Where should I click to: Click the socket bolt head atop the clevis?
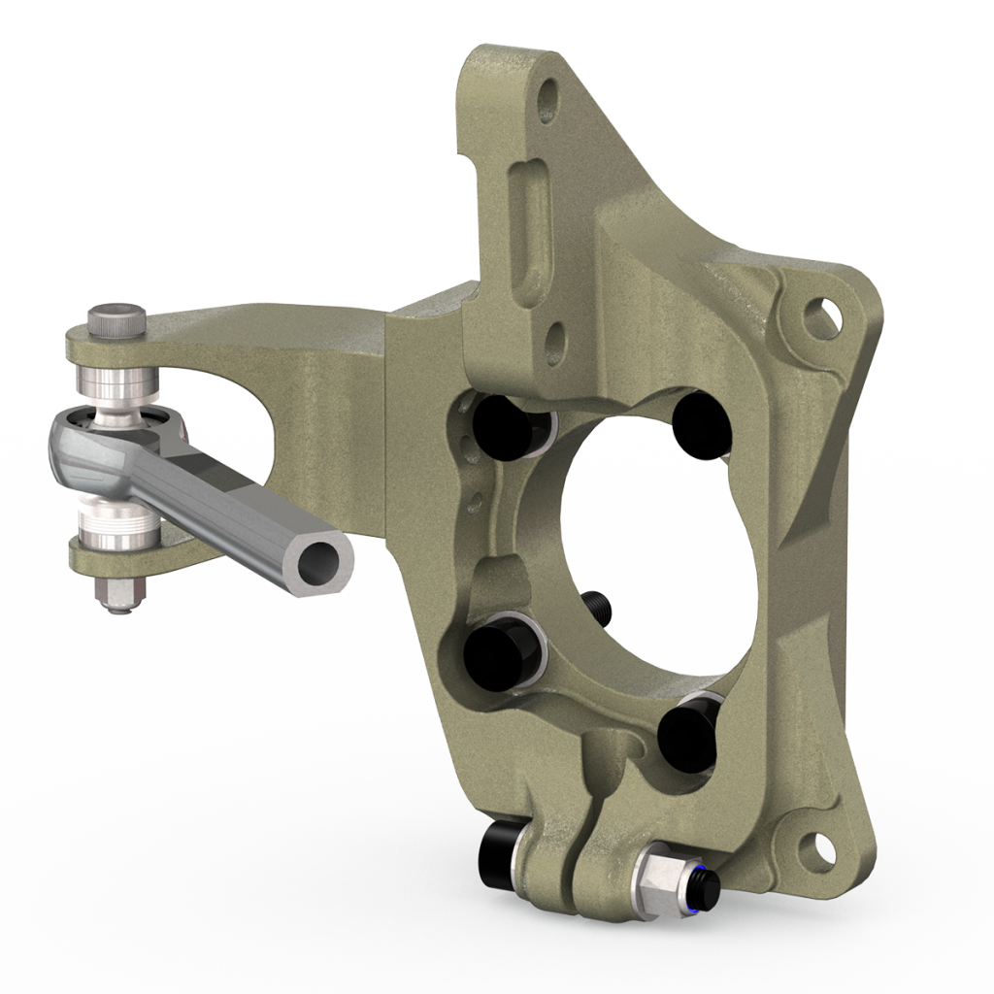[116, 321]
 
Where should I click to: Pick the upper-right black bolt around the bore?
[701, 419]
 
